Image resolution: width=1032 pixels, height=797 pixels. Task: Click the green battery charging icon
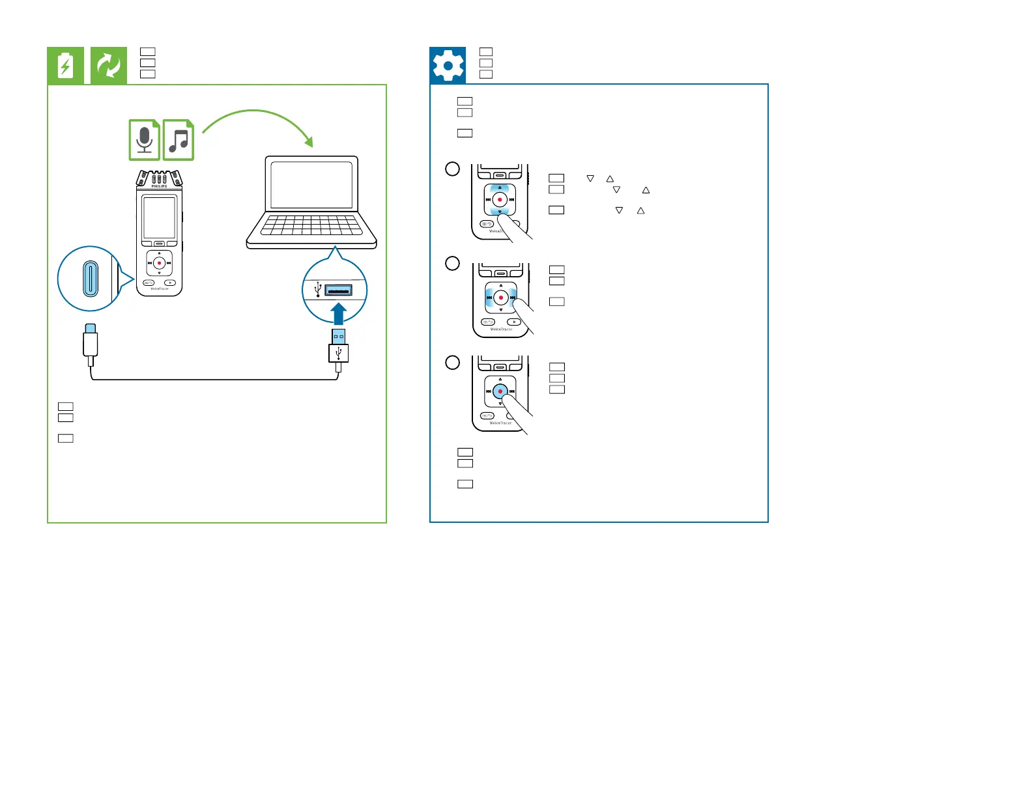[65, 66]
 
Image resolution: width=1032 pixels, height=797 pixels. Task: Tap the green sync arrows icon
[109, 66]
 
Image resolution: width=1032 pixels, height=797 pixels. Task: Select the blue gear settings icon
[448, 66]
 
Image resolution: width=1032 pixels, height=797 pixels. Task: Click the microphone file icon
[144, 139]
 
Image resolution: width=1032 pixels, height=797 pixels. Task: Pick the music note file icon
[179, 139]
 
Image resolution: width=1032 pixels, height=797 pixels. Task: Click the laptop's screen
[311, 184]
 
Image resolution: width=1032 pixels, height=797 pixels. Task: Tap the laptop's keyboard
[311, 225]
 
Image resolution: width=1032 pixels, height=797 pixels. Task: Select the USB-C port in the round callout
[90, 279]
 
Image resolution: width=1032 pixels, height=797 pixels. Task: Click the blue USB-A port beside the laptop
[338, 290]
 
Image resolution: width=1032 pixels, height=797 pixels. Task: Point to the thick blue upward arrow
[338, 313]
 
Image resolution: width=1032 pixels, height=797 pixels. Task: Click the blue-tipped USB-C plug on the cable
[90, 329]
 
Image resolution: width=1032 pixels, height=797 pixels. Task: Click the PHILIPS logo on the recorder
[159, 186]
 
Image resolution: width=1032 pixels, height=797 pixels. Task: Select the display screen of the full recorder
[159, 217]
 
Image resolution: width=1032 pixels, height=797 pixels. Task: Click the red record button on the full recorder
[159, 263]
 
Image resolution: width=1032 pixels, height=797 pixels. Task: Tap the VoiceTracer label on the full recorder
[159, 289]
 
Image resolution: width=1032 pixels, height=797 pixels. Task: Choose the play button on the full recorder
[169, 283]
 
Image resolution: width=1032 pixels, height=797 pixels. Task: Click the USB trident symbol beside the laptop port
[318, 289]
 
